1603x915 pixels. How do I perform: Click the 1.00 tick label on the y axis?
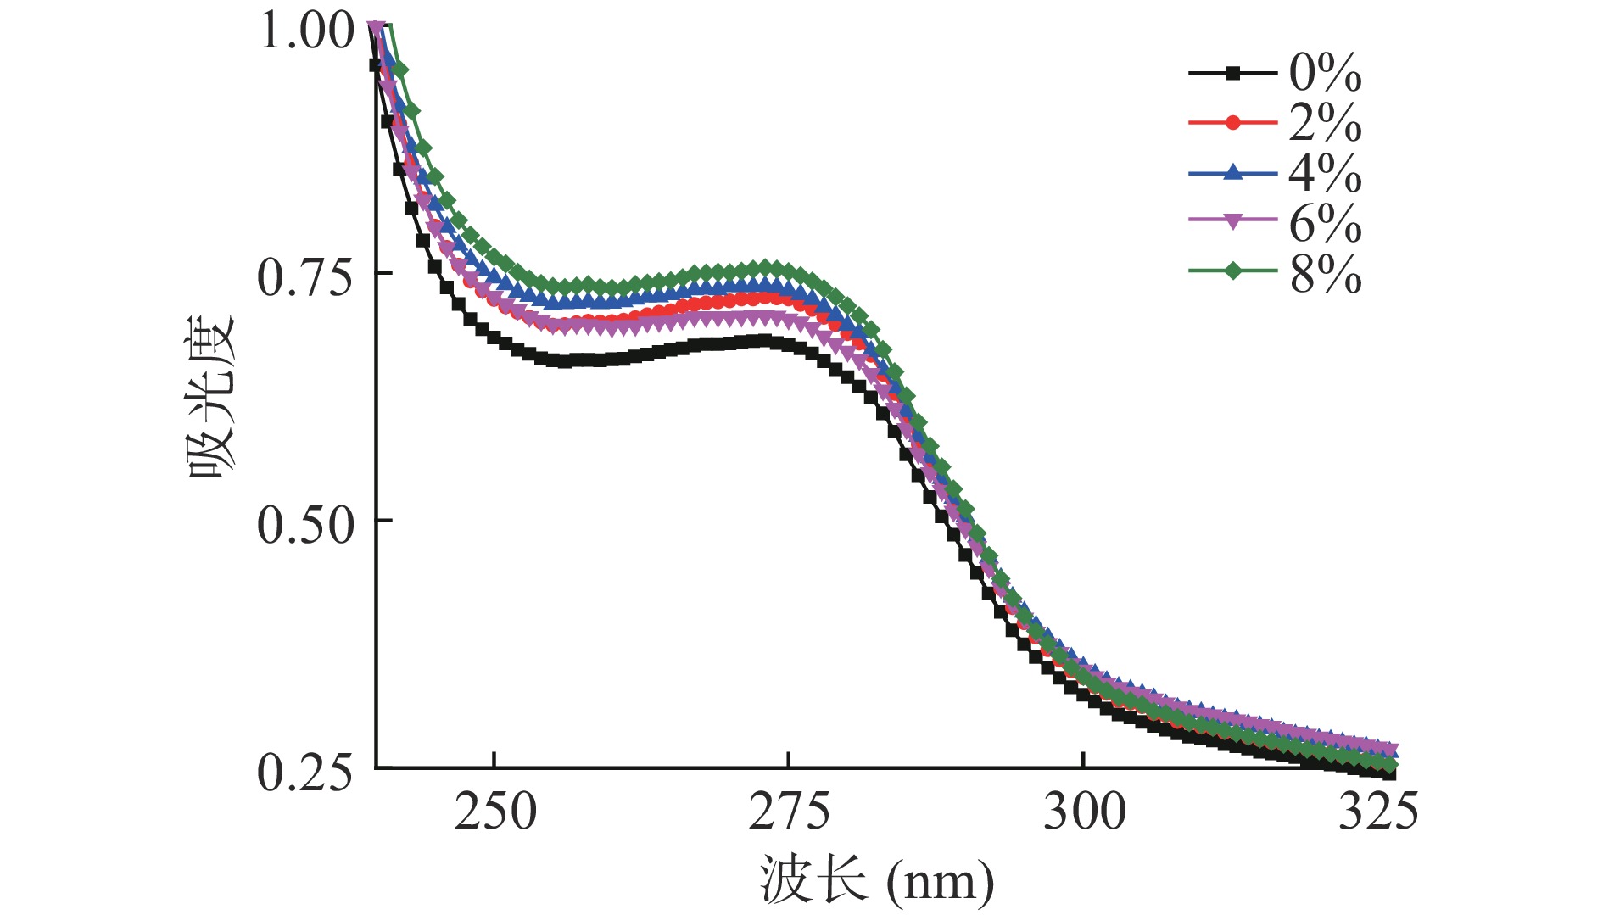(x=306, y=31)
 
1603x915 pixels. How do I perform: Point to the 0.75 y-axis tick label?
(x=304, y=277)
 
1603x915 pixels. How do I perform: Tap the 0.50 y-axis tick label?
(x=304, y=525)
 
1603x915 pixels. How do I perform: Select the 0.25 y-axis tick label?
(x=304, y=773)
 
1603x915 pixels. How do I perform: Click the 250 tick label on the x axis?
(x=495, y=812)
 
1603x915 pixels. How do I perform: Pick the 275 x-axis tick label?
(x=789, y=812)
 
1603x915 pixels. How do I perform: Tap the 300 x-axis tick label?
(x=1084, y=812)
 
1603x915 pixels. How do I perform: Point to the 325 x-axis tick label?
(x=1377, y=812)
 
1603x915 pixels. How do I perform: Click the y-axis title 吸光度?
(x=211, y=397)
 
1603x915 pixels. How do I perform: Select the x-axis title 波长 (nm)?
(x=876, y=881)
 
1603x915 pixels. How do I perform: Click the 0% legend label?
(x=1325, y=74)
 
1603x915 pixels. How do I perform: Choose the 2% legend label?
(x=1325, y=124)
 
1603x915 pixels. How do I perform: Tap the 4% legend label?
(x=1325, y=174)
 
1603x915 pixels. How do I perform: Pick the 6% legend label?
(x=1325, y=224)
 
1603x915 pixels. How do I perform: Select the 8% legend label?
(x=1325, y=274)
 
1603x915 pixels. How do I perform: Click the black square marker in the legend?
(x=1233, y=74)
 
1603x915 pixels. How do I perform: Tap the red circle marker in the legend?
(x=1233, y=123)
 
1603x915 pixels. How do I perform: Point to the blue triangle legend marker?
(x=1233, y=173)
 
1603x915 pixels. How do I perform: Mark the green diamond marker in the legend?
(x=1233, y=271)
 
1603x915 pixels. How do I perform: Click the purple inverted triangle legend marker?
(x=1233, y=221)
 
